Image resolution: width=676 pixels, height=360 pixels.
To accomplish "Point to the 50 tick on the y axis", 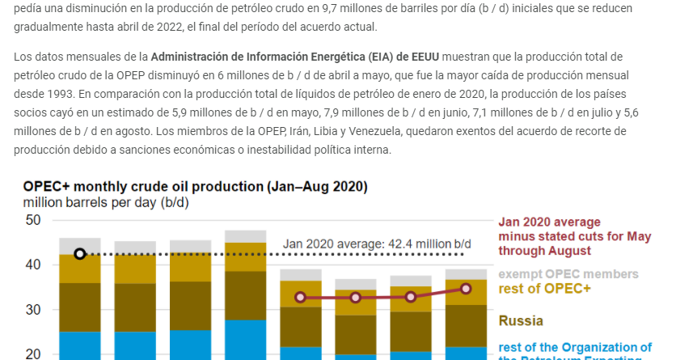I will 32,220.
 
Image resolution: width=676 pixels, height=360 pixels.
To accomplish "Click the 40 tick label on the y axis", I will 32,265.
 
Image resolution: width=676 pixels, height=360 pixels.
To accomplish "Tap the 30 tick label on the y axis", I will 32,310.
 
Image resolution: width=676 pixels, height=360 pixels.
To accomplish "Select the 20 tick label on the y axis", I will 32,354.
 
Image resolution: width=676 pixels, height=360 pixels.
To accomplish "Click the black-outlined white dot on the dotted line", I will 79,254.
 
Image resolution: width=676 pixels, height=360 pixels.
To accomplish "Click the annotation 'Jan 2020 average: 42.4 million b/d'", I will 377,244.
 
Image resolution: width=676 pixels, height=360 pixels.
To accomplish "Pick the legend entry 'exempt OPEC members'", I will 568,274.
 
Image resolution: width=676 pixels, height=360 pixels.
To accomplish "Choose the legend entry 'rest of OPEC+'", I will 544,289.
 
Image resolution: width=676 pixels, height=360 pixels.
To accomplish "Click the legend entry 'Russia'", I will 521,320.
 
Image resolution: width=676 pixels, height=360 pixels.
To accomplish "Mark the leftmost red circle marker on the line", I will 301,298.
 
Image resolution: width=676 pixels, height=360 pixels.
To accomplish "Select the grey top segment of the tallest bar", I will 245,236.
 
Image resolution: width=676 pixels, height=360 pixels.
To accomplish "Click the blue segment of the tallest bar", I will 245,340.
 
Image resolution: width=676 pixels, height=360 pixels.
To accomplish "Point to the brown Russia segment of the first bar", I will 79,307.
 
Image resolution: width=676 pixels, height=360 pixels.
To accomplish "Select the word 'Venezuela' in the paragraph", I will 444,131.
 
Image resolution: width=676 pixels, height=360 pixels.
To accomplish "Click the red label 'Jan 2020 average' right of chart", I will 550,222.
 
